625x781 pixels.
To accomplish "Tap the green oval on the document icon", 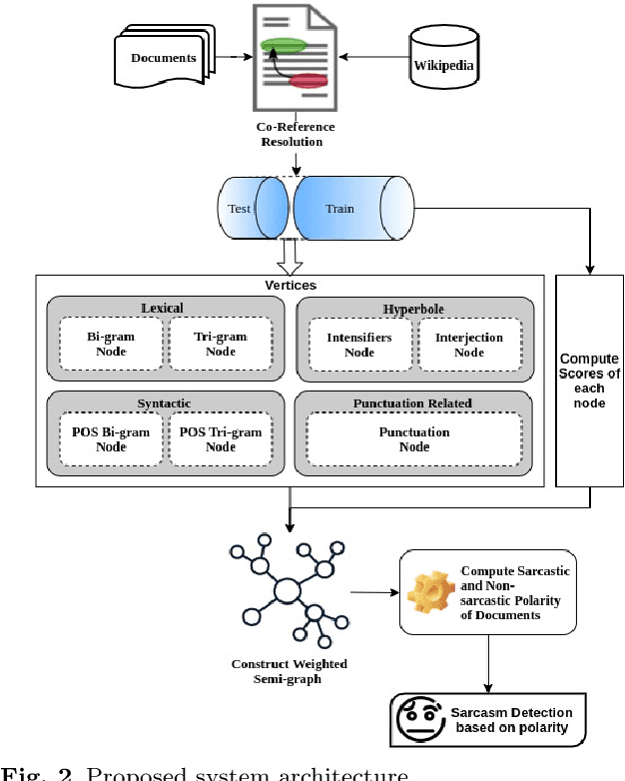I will click(x=284, y=45).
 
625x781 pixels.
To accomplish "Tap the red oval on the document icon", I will click(x=310, y=81).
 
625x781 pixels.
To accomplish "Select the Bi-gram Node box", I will click(x=109, y=345).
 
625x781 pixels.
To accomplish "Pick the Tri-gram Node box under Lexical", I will click(x=220, y=345).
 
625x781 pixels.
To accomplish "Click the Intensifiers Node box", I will click(x=358, y=345).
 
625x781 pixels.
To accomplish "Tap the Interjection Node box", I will click(x=468, y=345).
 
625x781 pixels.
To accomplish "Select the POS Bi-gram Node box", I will click(x=109, y=439).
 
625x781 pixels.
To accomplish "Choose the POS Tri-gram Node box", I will click(x=220, y=439).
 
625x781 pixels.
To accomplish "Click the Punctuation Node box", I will click(x=413, y=439).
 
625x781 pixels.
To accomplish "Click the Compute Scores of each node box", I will click(x=588, y=381).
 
